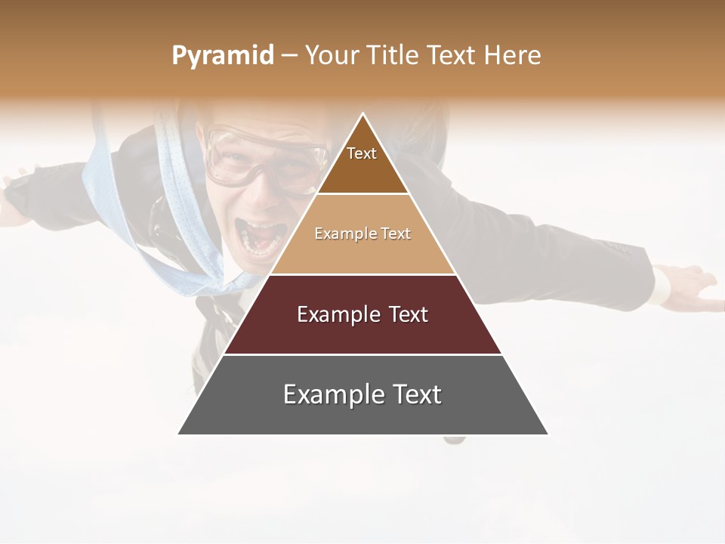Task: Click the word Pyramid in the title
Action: (x=222, y=56)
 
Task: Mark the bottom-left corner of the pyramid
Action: (x=178, y=434)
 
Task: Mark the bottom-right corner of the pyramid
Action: (x=548, y=434)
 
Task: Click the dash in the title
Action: (x=289, y=56)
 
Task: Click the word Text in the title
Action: (x=452, y=56)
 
